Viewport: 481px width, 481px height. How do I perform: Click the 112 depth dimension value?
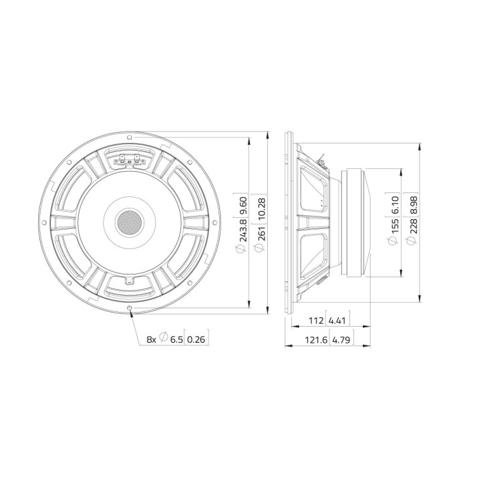point(315,321)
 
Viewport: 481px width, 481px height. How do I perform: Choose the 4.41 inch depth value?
point(339,321)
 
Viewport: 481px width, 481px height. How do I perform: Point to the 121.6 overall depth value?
point(312,340)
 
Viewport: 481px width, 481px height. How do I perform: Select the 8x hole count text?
point(152,339)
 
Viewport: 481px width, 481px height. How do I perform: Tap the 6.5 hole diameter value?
point(176,339)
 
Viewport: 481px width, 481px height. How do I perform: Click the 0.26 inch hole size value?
point(196,339)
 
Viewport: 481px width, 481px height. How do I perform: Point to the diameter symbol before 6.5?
point(163,339)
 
